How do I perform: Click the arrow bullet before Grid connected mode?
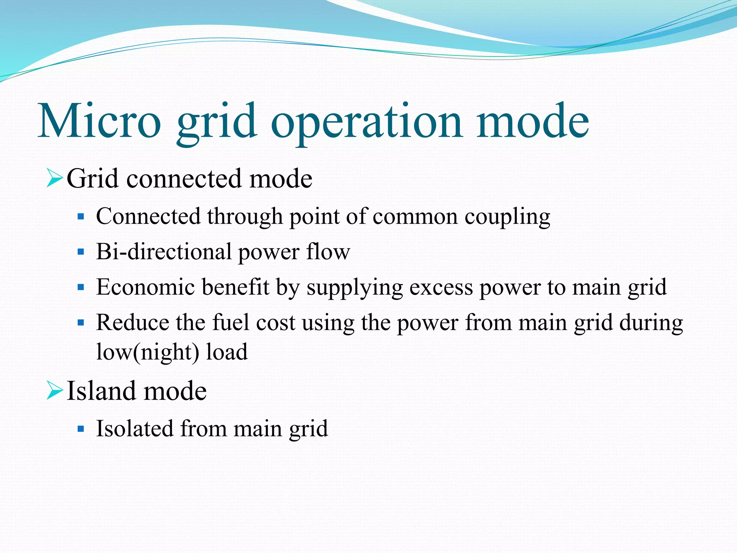pyautogui.click(x=54, y=179)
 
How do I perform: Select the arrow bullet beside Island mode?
pyautogui.click(x=54, y=391)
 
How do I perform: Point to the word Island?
pyautogui.click(x=100, y=391)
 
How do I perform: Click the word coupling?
pyautogui.click(x=507, y=217)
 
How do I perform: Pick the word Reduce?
pyautogui.click(x=132, y=322)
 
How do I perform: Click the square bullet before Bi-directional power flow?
pyautogui.click(x=81, y=252)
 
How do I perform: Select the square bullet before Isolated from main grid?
pyautogui.click(x=81, y=429)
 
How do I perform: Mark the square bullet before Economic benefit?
pyautogui.click(x=81, y=287)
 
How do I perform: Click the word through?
pyautogui.click(x=245, y=217)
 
